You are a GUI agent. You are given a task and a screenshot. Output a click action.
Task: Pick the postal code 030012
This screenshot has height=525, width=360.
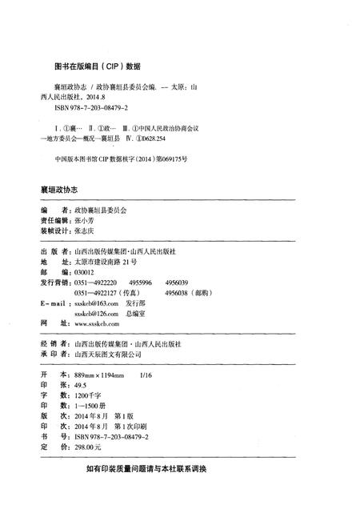tap(83, 272)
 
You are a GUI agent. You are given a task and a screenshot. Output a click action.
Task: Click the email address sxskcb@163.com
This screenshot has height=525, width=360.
tap(95, 304)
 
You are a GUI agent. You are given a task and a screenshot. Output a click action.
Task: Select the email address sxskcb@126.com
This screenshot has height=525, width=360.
tap(95, 315)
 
